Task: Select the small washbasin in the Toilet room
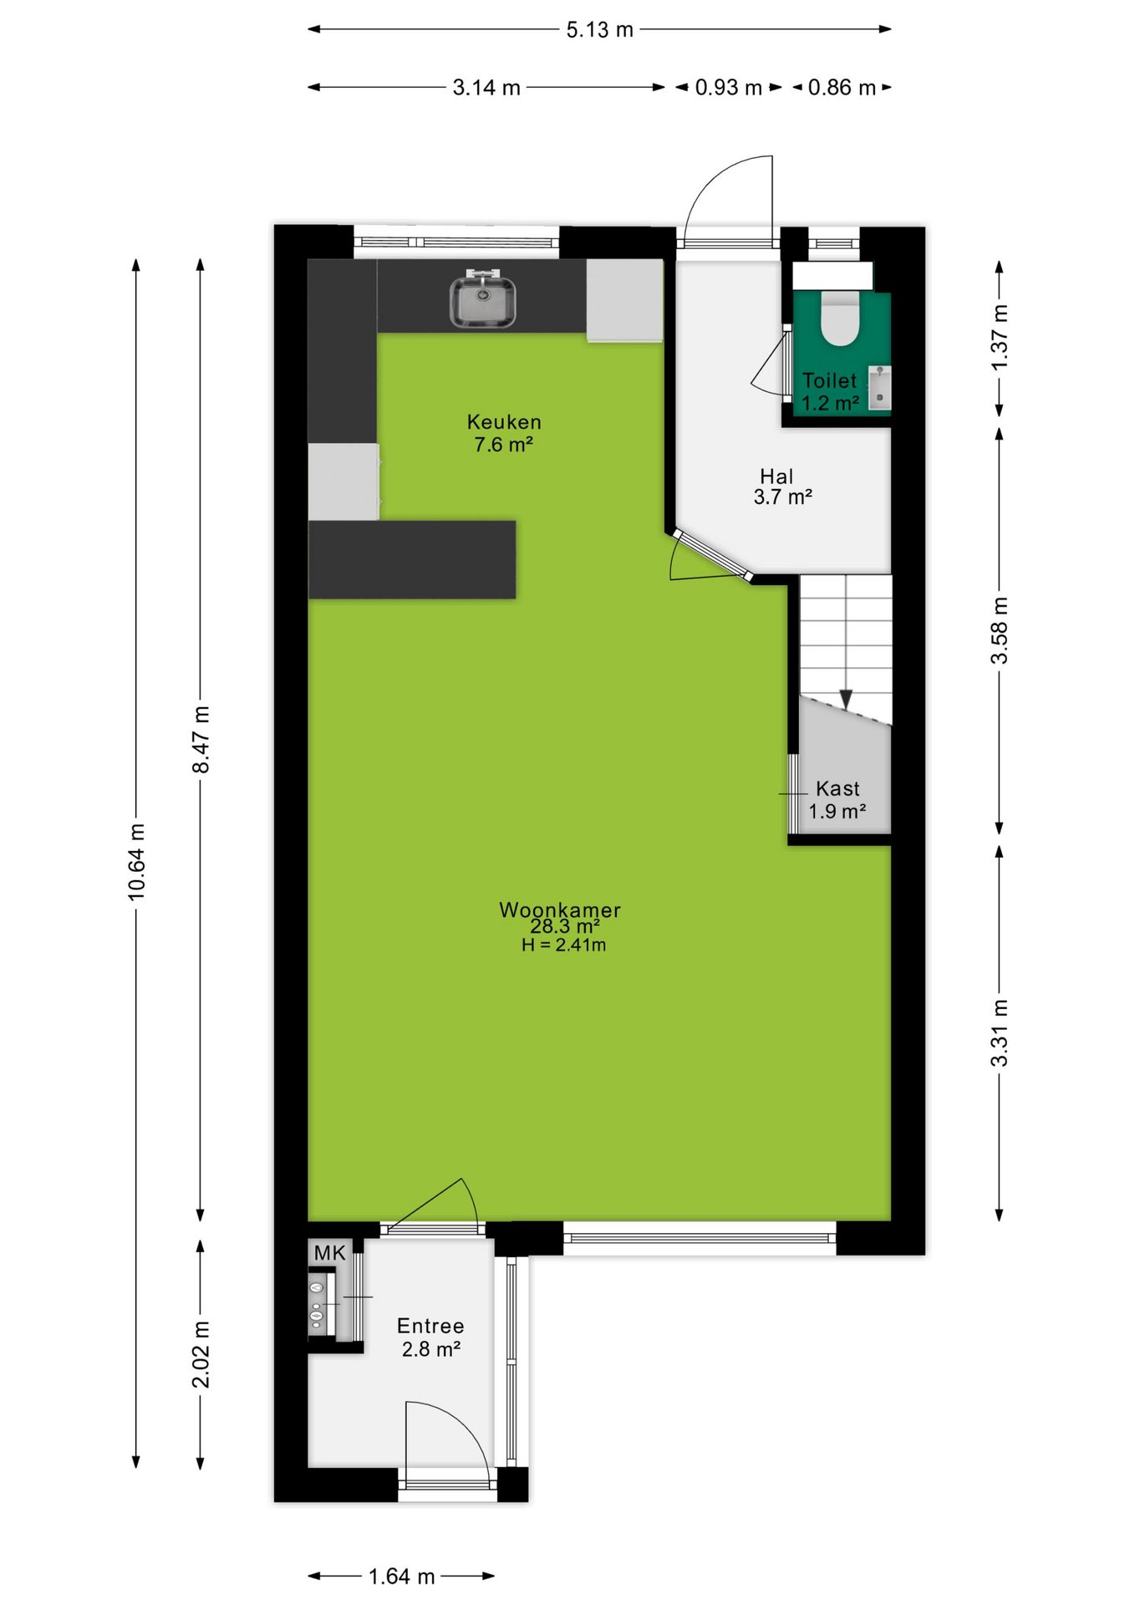(879, 388)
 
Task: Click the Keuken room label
(504, 422)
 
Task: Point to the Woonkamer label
(560, 909)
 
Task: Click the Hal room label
(776, 476)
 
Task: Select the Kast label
(837, 788)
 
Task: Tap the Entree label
(430, 1326)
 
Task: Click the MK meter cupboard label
(329, 1253)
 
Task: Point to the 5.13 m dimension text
(599, 30)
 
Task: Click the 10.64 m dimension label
(136, 862)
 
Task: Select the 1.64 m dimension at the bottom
(401, 1577)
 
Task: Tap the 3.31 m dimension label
(1000, 1032)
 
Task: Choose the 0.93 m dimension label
(728, 88)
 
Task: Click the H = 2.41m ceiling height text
(563, 945)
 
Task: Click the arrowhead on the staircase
(846, 699)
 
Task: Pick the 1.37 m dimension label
(1000, 338)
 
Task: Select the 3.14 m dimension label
(486, 88)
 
